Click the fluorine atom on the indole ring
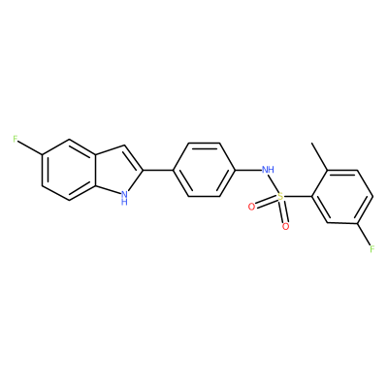pos(15,140)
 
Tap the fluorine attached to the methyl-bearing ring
pos(372,248)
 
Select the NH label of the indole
pos(123,198)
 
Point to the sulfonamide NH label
pos(268,169)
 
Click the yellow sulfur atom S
pos(280,196)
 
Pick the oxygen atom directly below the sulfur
pos(285,227)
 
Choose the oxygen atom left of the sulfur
pos(251,207)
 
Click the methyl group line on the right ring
pos(319,156)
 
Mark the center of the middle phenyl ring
pos(204,170)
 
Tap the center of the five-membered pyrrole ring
pos(115,172)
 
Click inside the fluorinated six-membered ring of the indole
pos(70,170)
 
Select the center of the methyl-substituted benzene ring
pos(342,196)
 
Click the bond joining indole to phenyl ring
pos(158,170)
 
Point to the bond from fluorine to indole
pos(30,148)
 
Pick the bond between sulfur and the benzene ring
pos(298,196)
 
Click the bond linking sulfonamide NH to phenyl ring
pos(247,170)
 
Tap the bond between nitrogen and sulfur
pos(274,183)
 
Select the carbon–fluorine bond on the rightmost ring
pos(364,234)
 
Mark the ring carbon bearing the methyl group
pos(328,170)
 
